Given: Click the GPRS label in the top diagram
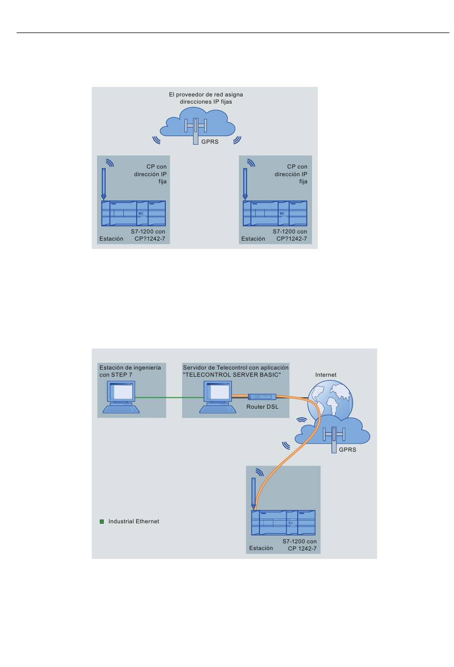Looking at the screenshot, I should (210, 142).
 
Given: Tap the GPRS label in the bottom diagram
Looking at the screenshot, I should (347, 450).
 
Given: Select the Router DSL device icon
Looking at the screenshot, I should (262, 397).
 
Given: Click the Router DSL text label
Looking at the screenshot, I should (262, 407).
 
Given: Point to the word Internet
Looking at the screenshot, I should (326, 375).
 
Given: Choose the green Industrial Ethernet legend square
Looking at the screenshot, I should (102, 521).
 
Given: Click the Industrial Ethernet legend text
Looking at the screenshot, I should (134, 521).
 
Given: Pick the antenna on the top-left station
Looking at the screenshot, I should (103, 184).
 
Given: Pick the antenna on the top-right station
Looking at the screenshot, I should (245, 184).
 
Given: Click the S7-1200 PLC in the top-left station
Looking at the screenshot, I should (134, 213).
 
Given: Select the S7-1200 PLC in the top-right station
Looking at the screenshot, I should (275, 213).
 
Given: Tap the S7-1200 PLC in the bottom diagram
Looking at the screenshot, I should (283, 523).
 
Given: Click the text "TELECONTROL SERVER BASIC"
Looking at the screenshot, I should (232, 375).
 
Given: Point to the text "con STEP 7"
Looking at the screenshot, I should (116, 375).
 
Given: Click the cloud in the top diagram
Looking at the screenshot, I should (198, 123).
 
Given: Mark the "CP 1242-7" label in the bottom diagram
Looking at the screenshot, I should (302, 549).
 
